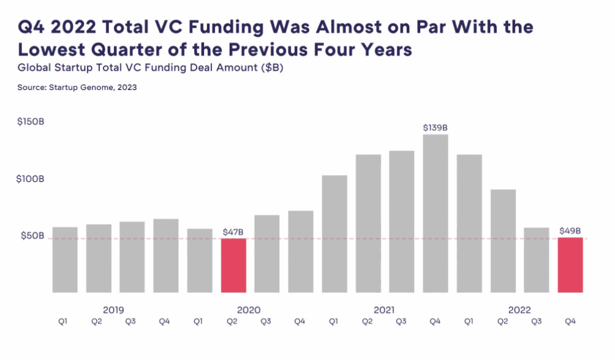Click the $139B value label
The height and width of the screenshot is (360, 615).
[x=436, y=128]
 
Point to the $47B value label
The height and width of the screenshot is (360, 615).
[x=233, y=232]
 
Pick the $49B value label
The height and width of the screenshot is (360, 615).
[x=570, y=231]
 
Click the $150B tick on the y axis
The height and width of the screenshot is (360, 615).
[x=31, y=122]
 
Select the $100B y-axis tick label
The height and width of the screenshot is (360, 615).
[x=31, y=179]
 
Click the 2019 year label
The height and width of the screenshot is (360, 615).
[x=113, y=310]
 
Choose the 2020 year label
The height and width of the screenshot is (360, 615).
[x=248, y=310]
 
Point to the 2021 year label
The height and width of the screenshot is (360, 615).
[x=383, y=310]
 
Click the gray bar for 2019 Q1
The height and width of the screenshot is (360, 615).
[x=65, y=260]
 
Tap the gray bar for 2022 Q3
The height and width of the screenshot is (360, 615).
[x=537, y=260]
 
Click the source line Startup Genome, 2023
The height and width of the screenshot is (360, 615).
[x=77, y=88]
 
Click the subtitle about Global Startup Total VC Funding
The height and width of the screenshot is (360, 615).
[x=150, y=68]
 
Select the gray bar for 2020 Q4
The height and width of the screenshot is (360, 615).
[x=301, y=252]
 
